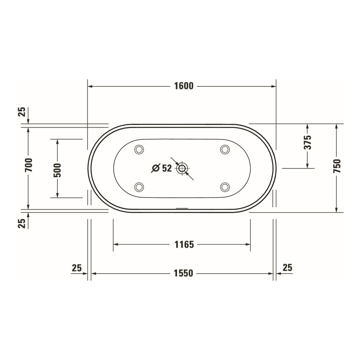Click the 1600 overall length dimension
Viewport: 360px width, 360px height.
point(184,86)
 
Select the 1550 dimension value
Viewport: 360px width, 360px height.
point(184,273)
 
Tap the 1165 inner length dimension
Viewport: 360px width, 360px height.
point(184,244)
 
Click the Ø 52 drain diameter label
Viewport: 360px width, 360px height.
point(162,168)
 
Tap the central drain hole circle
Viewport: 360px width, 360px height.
point(182,168)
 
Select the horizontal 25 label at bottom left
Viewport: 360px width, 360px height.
point(77,267)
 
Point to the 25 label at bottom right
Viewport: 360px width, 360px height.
point(287,267)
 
